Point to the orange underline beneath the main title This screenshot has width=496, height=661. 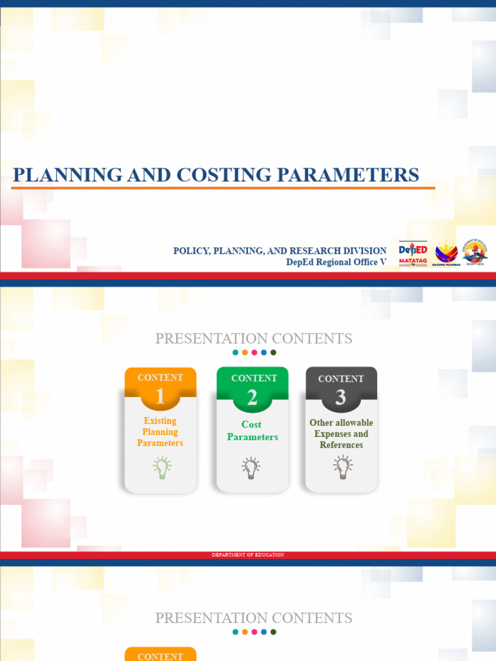pyautogui.click(x=223, y=188)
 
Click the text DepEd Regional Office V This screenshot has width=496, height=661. pyautogui.click(x=336, y=262)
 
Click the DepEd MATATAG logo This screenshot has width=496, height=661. pyautogui.click(x=413, y=253)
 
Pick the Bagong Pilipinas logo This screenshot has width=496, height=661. pyautogui.click(x=446, y=254)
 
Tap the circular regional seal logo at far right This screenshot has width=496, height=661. pyautogui.click(x=475, y=252)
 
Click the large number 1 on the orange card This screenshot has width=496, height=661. pyautogui.click(x=160, y=397)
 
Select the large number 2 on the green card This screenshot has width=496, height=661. pyautogui.click(x=252, y=398)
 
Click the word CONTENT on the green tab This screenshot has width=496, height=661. pyautogui.click(x=254, y=378)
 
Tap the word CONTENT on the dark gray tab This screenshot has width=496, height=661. pyautogui.click(x=341, y=379)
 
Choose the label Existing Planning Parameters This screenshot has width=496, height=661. pyautogui.click(x=160, y=432)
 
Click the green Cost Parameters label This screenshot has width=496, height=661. pyautogui.click(x=252, y=431)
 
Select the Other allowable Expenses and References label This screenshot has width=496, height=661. pyautogui.click(x=341, y=434)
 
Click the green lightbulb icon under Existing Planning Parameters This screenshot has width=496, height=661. pyautogui.click(x=161, y=467)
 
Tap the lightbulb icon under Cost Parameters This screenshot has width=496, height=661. pyautogui.click(x=251, y=467)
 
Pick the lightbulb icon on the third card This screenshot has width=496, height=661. pyautogui.click(x=342, y=467)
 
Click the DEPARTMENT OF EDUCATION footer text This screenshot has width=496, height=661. pyautogui.click(x=248, y=555)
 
